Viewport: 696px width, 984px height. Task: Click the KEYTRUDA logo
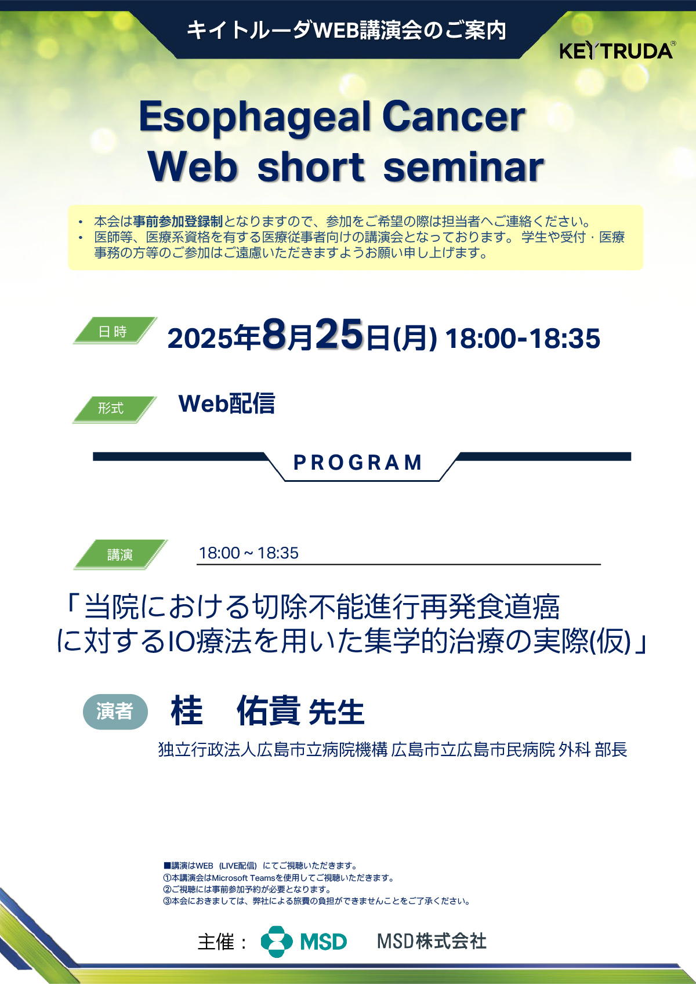617,51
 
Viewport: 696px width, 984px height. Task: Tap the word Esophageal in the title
255,118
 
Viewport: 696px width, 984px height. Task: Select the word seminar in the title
463,168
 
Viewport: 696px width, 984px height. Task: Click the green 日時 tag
115,331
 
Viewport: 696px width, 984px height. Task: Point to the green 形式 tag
114,409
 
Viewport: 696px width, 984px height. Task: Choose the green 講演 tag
120,554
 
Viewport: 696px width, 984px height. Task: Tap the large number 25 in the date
339,335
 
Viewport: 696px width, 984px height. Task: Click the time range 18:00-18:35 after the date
523,338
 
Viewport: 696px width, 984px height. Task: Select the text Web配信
226,403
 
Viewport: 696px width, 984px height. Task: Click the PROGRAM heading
358,462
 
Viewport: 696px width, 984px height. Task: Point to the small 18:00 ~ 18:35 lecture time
248,553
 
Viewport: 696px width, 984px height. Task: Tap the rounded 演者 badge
115,711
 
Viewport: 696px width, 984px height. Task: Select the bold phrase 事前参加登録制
177,221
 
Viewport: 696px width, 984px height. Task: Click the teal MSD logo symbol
277,942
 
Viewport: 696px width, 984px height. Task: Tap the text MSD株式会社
432,941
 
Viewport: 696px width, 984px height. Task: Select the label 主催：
222,942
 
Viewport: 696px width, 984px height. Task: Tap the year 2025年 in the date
213,338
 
